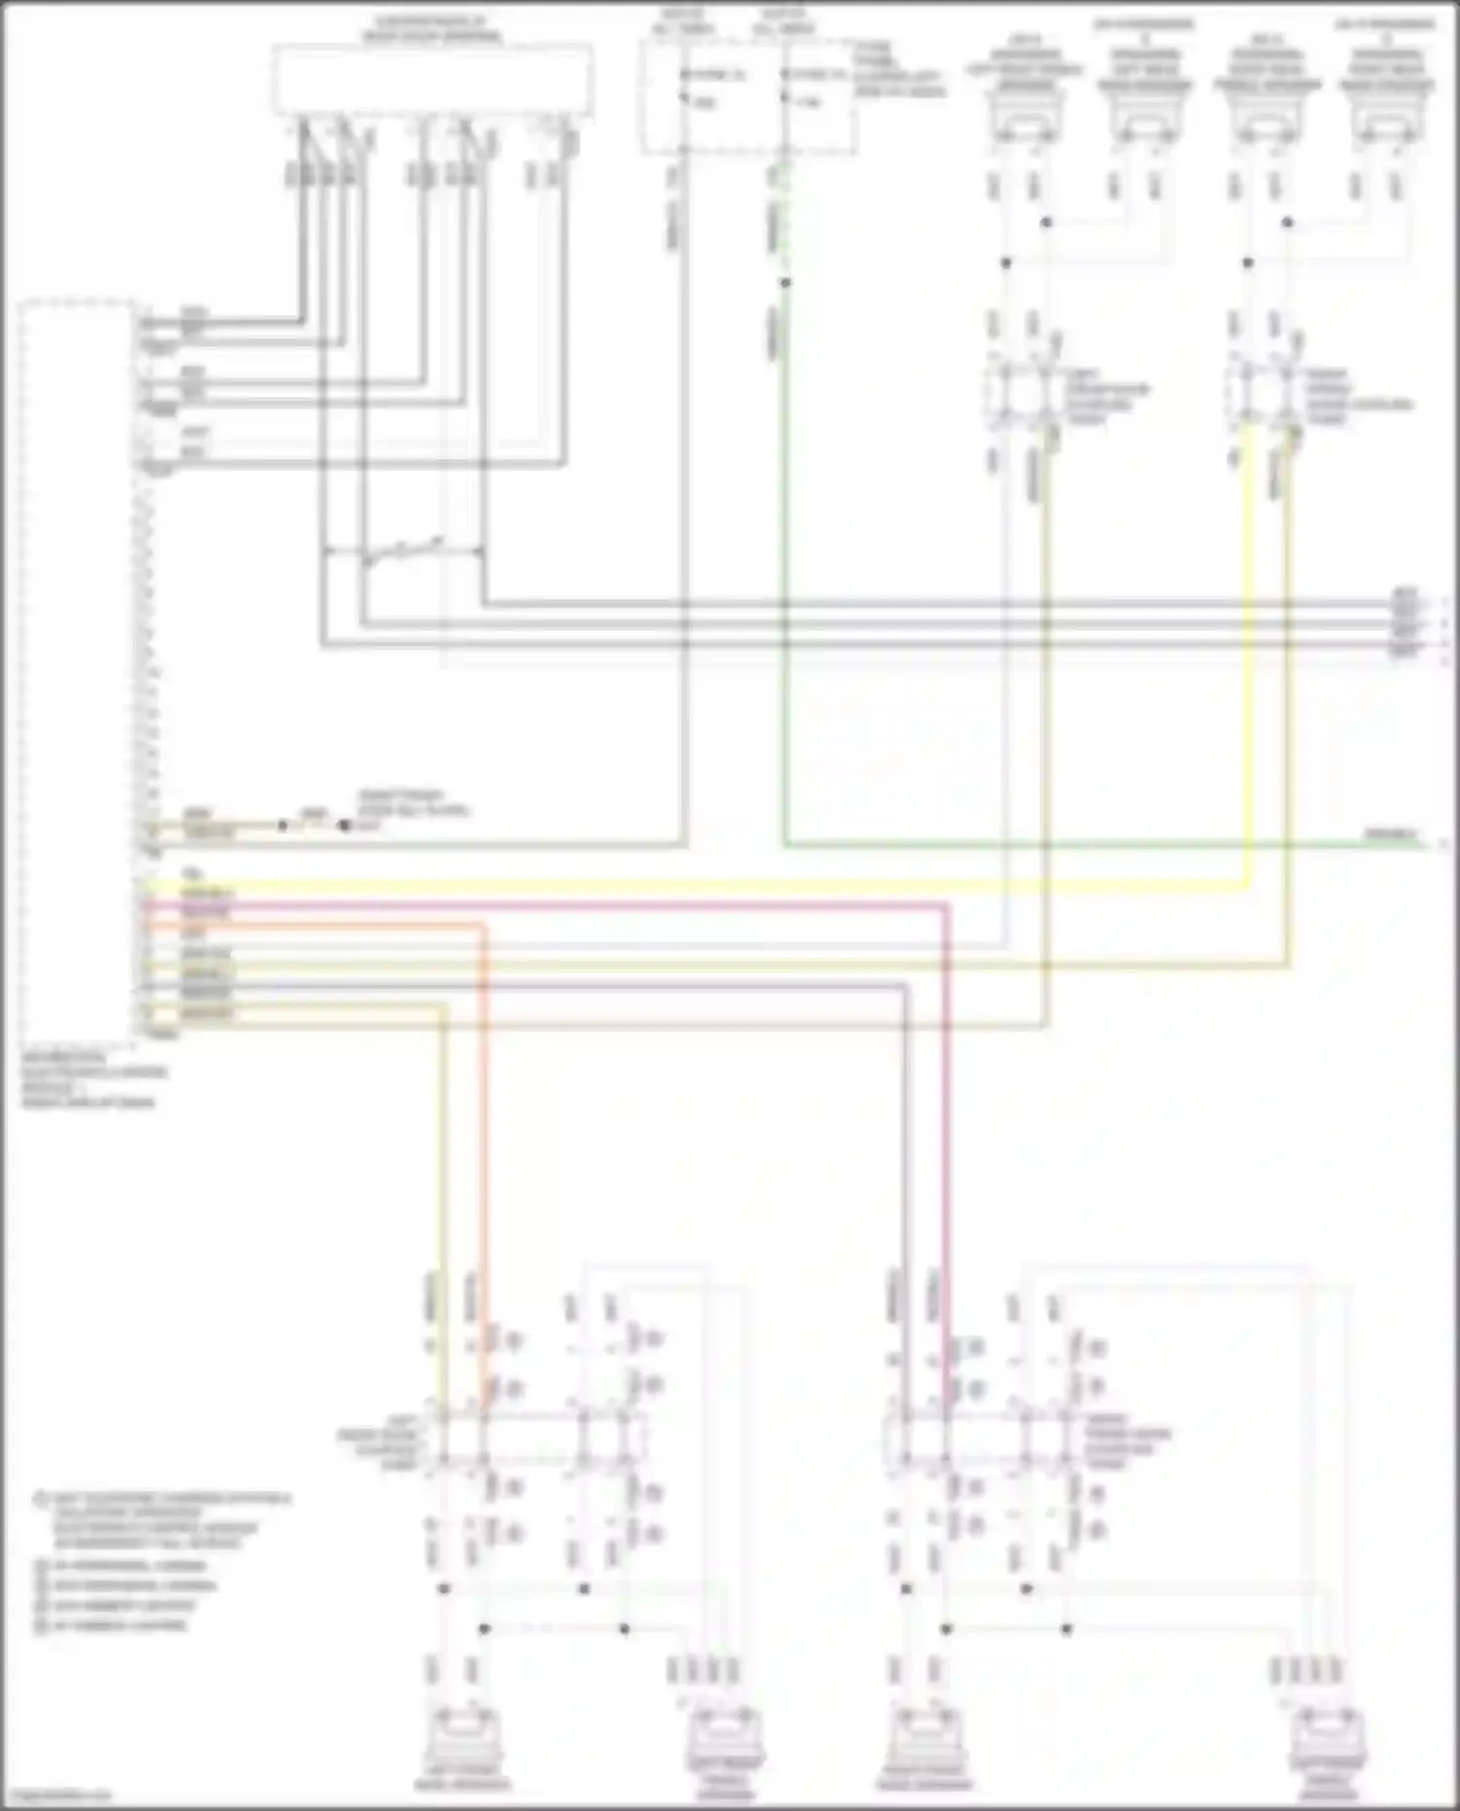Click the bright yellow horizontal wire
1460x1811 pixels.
click(x=681, y=887)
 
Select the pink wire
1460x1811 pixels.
click(x=584, y=905)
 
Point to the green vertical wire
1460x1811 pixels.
click(x=785, y=584)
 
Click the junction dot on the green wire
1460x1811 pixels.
click(x=785, y=283)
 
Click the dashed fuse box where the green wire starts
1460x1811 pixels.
click(x=748, y=97)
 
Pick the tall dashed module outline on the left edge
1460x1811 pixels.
click(x=78, y=671)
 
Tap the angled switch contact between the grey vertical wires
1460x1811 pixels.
click(x=403, y=551)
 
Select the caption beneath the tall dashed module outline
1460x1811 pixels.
click(x=92, y=1079)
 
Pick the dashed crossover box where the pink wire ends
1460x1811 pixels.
click(x=983, y=1439)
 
